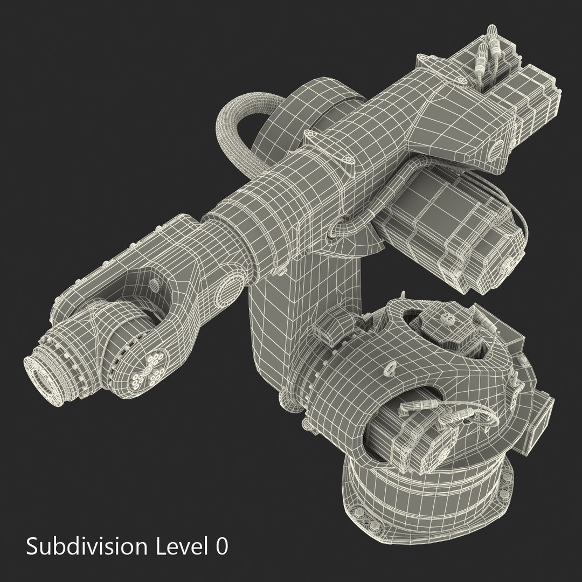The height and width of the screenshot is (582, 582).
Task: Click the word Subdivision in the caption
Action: point(86,546)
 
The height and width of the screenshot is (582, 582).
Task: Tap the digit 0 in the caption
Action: point(221,546)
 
